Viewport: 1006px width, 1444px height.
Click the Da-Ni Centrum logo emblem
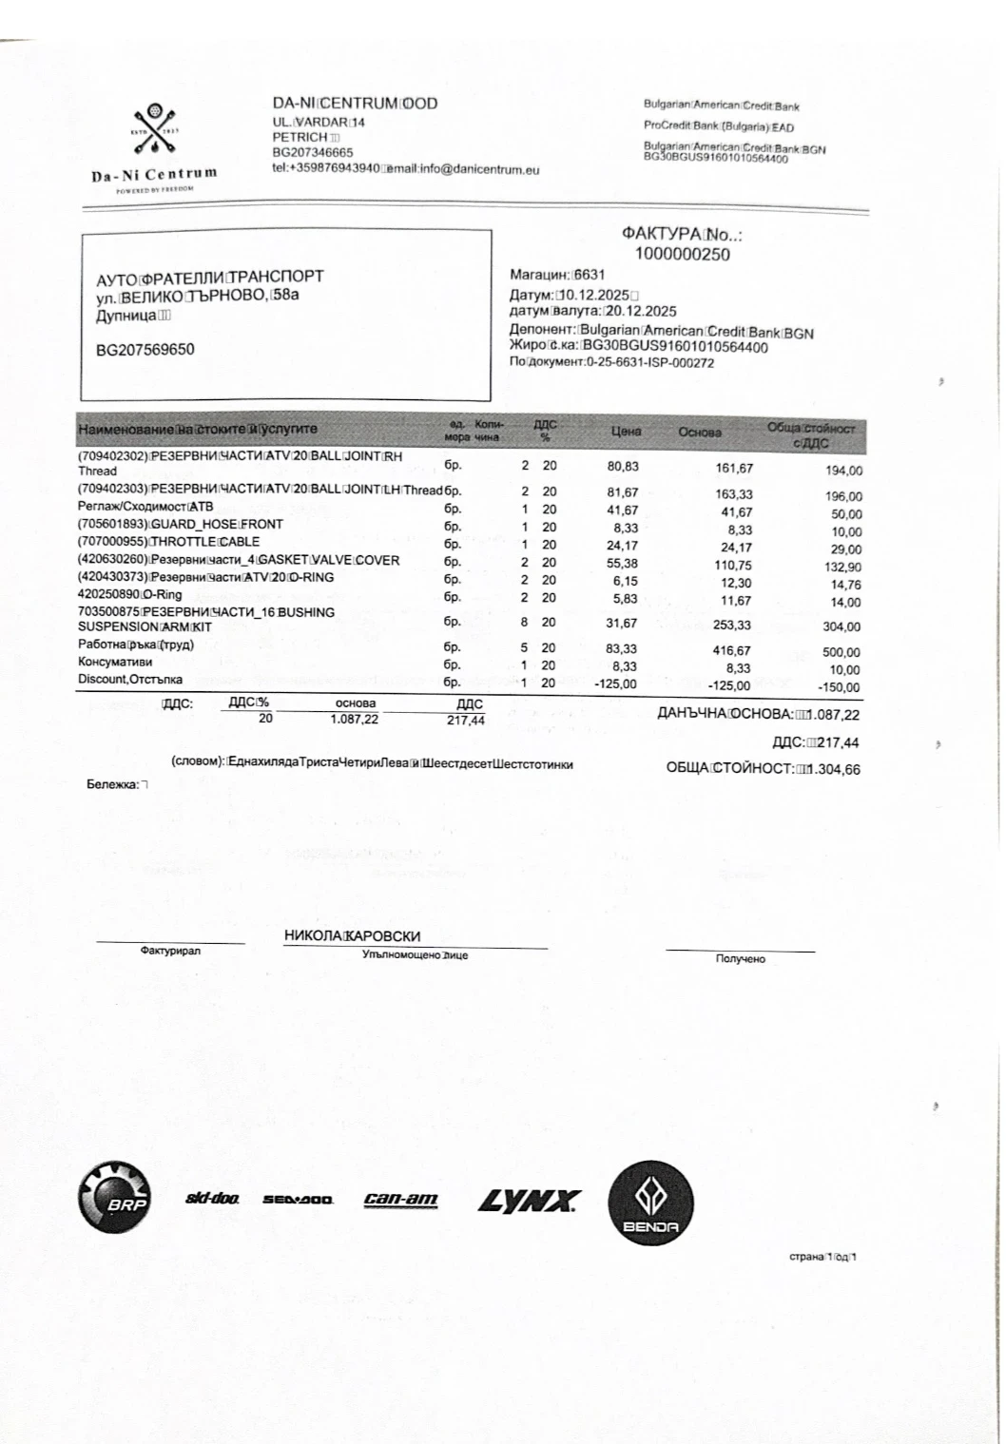tap(154, 134)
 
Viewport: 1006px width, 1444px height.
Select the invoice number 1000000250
tap(682, 254)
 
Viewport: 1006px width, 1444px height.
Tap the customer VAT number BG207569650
tap(145, 349)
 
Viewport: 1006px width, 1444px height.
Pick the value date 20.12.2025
tap(641, 311)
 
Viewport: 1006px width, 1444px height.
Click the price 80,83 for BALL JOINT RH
tap(622, 467)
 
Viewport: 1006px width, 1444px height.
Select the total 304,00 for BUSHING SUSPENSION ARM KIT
tap(842, 626)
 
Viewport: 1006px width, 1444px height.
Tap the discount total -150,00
tap(838, 687)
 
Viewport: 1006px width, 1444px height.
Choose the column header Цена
tap(626, 432)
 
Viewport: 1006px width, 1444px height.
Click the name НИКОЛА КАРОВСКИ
tap(352, 936)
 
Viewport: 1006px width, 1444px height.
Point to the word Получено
tap(740, 959)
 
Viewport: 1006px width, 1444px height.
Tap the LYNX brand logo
tap(529, 1202)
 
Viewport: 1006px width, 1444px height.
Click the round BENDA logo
tap(650, 1204)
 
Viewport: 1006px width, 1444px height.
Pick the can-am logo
tap(400, 1200)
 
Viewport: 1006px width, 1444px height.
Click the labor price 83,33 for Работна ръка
tap(622, 648)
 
